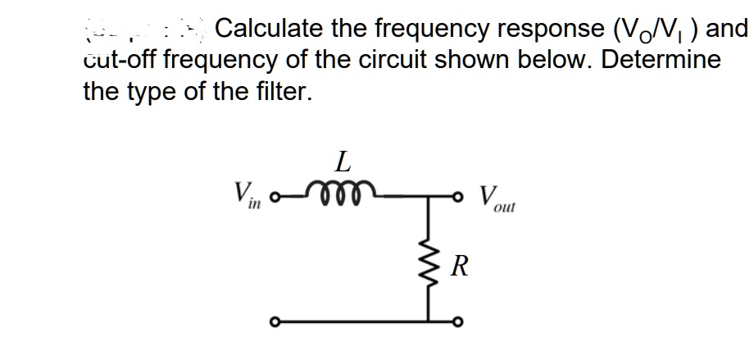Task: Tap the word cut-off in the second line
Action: (120, 61)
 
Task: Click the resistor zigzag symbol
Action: (427, 267)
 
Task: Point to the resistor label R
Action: (461, 267)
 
